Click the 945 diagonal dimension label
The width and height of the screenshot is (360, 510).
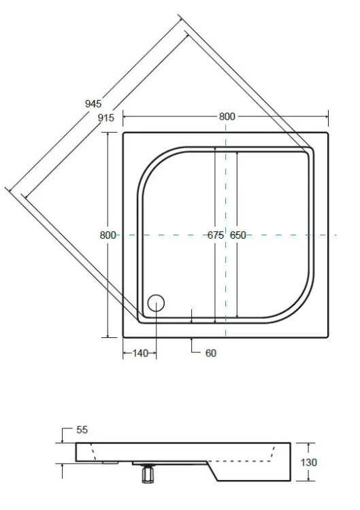[x=93, y=103]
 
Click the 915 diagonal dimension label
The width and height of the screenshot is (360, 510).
[x=106, y=118]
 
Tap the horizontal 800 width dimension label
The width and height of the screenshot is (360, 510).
[x=227, y=116]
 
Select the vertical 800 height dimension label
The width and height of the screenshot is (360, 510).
[x=108, y=235]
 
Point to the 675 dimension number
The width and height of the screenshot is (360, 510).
[x=216, y=235]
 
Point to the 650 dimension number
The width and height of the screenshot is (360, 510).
[x=238, y=235]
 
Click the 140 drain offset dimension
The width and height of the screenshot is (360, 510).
[x=140, y=353]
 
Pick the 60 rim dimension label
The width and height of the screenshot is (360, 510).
[x=211, y=353]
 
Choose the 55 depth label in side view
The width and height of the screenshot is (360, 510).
[x=82, y=430]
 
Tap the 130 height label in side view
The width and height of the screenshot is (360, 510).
[x=308, y=462]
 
